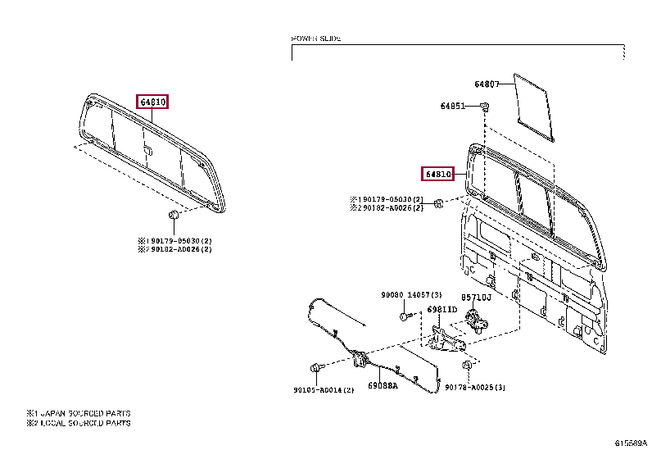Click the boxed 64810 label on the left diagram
point(152,102)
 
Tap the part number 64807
point(486,84)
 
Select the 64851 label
point(452,107)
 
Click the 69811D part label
point(441,310)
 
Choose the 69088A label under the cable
point(382,384)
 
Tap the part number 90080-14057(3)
point(411,294)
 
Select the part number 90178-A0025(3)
point(475,386)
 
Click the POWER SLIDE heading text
point(316,39)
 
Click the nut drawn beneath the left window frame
point(174,215)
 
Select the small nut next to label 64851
point(484,107)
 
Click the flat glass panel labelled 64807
point(533,102)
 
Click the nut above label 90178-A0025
point(466,364)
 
